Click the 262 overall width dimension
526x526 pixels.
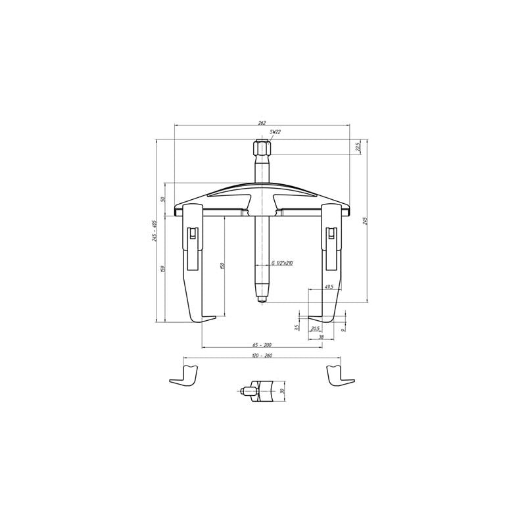[x=262, y=122]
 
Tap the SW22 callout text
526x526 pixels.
[x=275, y=133]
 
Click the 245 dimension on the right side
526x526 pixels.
[x=364, y=222]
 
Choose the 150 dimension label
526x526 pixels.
[x=223, y=265]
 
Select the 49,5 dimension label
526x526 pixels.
[x=329, y=287]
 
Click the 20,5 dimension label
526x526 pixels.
[x=315, y=328]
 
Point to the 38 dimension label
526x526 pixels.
[x=321, y=337]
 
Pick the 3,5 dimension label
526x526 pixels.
[x=298, y=327]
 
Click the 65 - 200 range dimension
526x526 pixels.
[x=262, y=345]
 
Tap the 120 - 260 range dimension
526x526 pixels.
[x=262, y=356]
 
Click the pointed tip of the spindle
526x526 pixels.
[x=262, y=302]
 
